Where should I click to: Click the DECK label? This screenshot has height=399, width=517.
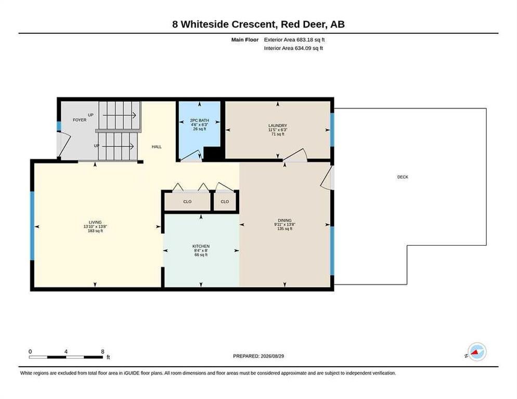pyautogui.click(x=403, y=177)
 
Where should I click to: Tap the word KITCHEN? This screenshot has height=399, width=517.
pyautogui.click(x=201, y=246)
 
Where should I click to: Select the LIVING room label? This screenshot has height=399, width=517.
pyautogui.click(x=95, y=222)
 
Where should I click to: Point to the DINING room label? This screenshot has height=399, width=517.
pyautogui.click(x=285, y=220)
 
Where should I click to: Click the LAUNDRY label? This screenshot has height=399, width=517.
pyautogui.click(x=278, y=126)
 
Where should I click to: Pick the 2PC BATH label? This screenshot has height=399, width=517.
pyautogui.click(x=200, y=120)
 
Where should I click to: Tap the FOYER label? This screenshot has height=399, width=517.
pyautogui.click(x=80, y=120)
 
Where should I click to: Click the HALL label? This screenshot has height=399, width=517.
pyautogui.click(x=157, y=147)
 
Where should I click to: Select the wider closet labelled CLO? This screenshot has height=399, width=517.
pyautogui.click(x=187, y=201)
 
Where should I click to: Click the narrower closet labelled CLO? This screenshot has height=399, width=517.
pyautogui.click(x=225, y=201)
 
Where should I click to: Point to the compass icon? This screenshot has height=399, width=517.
pyautogui.click(x=477, y=352)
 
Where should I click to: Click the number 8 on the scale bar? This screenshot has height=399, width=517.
pyautogui.click(x=102, y=352)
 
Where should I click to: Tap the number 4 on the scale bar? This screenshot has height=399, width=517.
pyautogui.click(x=66, y=352)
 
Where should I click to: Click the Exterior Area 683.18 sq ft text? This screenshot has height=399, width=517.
pyautogui.click(x=294, y=39)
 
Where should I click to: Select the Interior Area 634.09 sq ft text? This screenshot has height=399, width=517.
pyautogui.click(x=293, y=48)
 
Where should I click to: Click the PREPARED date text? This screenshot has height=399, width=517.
pyautogui.click(x=258, y=356)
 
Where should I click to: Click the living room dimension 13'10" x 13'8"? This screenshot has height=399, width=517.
pyautogui.click(x=95, y=227)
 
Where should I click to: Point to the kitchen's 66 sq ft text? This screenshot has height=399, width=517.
pyautogui.click(x=201, y=255)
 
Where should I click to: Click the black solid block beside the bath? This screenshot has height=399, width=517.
pyautogui.click(x=212, y=154)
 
